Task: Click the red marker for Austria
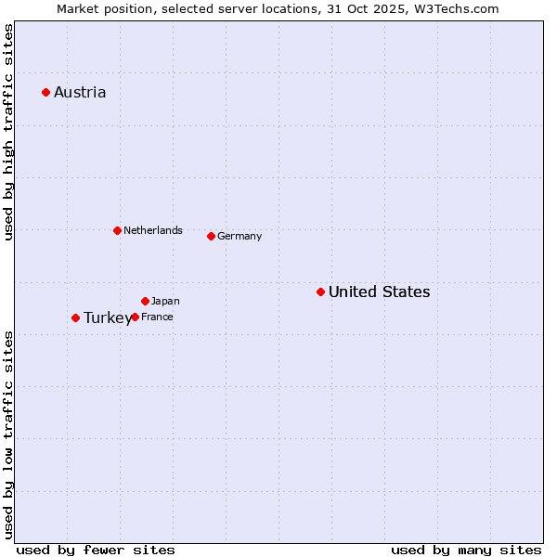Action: pyautogui.click(x=45, y=92)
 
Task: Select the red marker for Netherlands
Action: pyautogui.click(x=117, y=230)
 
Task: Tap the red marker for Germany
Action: pyautogui.click(x=211, y=236)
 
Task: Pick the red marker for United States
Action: pyautogui.click(x=320, y=291)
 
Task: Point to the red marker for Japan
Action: pyautogui.click(x=145, y=301)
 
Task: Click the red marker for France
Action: pyautogui.click(x=135, y=317)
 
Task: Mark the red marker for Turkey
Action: pyautogui.click(x=75, y=317)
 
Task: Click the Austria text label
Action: pyautogui.click(x=80, y=92)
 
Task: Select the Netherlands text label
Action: pyautogui.click(x=153, y=230)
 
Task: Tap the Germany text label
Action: pyautogui.click(x=240, y=236)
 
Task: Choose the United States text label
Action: pyautogui.click(x=379, y=291)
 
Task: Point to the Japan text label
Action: pyautogui.click(x=165, y=301)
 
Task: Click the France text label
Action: pyautogui.click(x=157, y=317)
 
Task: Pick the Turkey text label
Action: pyautogui.click(x=107, y=317)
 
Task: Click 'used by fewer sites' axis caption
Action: pyautogui.click(x=96, y=550)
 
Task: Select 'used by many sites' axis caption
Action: pyautogui.click(x=466, y=550)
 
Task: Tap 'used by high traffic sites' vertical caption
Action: pyautogui.click(x=8, y=133)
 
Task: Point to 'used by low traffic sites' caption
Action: pyautogui.click(x=8, y=434)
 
